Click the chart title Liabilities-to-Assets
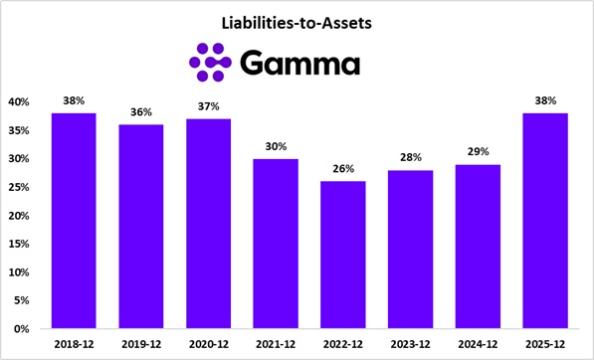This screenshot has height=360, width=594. point(297,23)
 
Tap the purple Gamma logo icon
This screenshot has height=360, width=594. point(210,63)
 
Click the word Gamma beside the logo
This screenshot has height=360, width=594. point(299,63)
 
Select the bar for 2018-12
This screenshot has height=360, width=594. point(74,221)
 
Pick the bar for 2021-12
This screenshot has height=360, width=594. point(276,244)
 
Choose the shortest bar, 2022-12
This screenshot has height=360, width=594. point(343,255)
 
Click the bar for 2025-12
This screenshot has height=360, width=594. point(545,221)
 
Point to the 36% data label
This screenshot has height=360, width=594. point(141,112)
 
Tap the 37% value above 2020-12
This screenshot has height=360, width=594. point(208,106)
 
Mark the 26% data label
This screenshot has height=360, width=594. point(343,169)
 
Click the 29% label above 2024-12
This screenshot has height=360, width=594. point(478,151)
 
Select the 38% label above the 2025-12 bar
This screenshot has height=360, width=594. point(545,100)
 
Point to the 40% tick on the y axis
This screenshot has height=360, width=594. point(19,101)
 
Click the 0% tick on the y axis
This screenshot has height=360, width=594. point(22,329)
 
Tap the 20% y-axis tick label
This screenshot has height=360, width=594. point(19,216)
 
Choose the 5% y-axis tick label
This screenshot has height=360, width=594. point(22,300)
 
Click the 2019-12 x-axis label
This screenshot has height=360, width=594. point(141,344)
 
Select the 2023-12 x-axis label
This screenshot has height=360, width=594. point(411,344)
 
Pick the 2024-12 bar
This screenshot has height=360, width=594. point(478,247)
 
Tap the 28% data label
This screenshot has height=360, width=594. point(411,157)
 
